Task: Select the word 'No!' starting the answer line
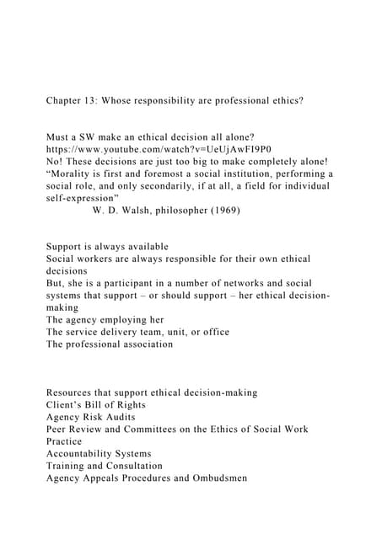point(55,163)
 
